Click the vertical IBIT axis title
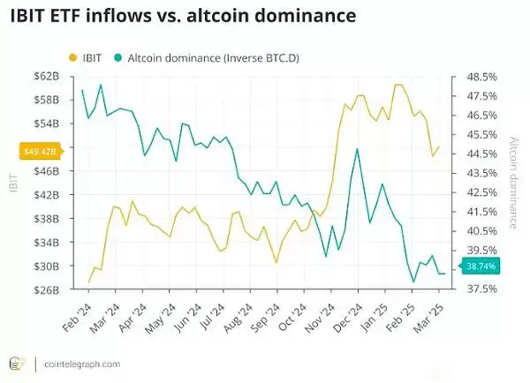tap(12, 183)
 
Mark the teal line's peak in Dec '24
tap(357, 149)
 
